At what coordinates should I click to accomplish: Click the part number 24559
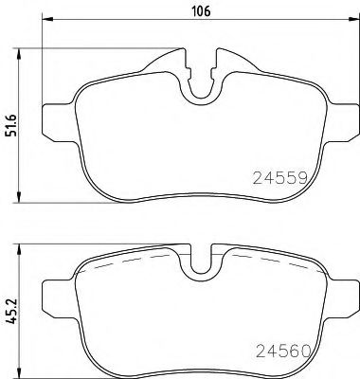point(282,177)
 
